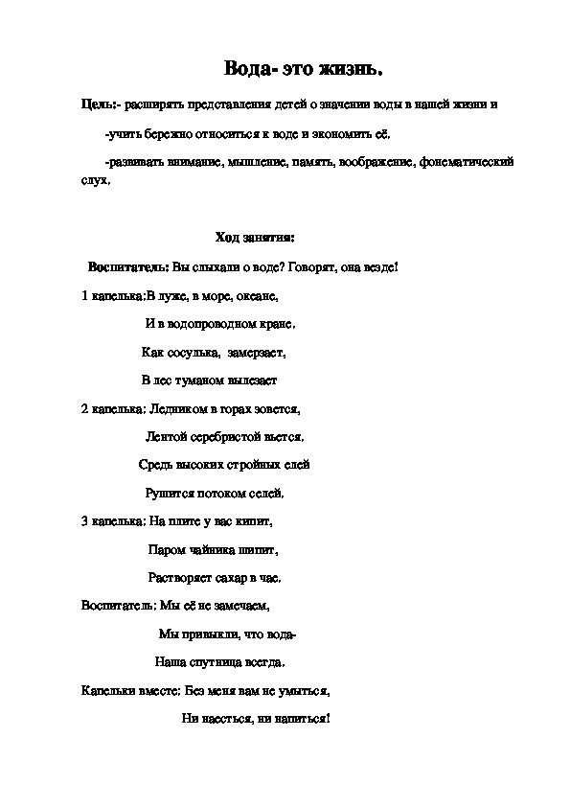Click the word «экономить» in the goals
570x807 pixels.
coord(327,133)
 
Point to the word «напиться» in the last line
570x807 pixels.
coord(300,718)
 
